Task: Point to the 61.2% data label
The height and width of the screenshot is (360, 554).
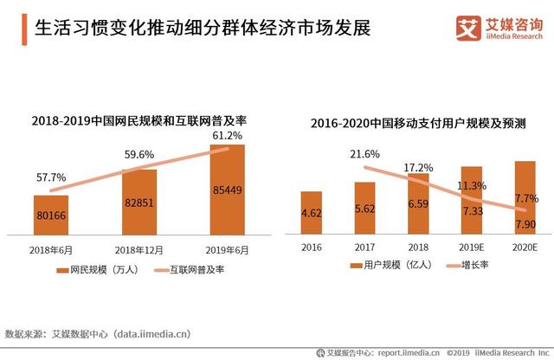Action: pos(227,136)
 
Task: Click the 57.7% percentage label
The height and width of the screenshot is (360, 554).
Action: pos(52,176)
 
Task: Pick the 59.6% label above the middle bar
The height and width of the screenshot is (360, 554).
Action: pos(138,155)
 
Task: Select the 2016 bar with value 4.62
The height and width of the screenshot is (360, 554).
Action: pos(311,212)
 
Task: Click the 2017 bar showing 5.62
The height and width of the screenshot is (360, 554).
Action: pos(364,208)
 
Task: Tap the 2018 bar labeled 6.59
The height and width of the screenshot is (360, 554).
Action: pos(418,203)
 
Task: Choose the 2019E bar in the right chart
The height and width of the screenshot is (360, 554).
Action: pos(472,200)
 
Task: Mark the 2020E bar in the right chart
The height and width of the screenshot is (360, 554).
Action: pos(525,197)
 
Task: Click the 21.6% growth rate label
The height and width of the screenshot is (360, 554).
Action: pos(364,154)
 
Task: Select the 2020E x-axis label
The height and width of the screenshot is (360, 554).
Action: pos(525,246)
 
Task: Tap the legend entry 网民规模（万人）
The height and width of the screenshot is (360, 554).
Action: pos(94,270)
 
